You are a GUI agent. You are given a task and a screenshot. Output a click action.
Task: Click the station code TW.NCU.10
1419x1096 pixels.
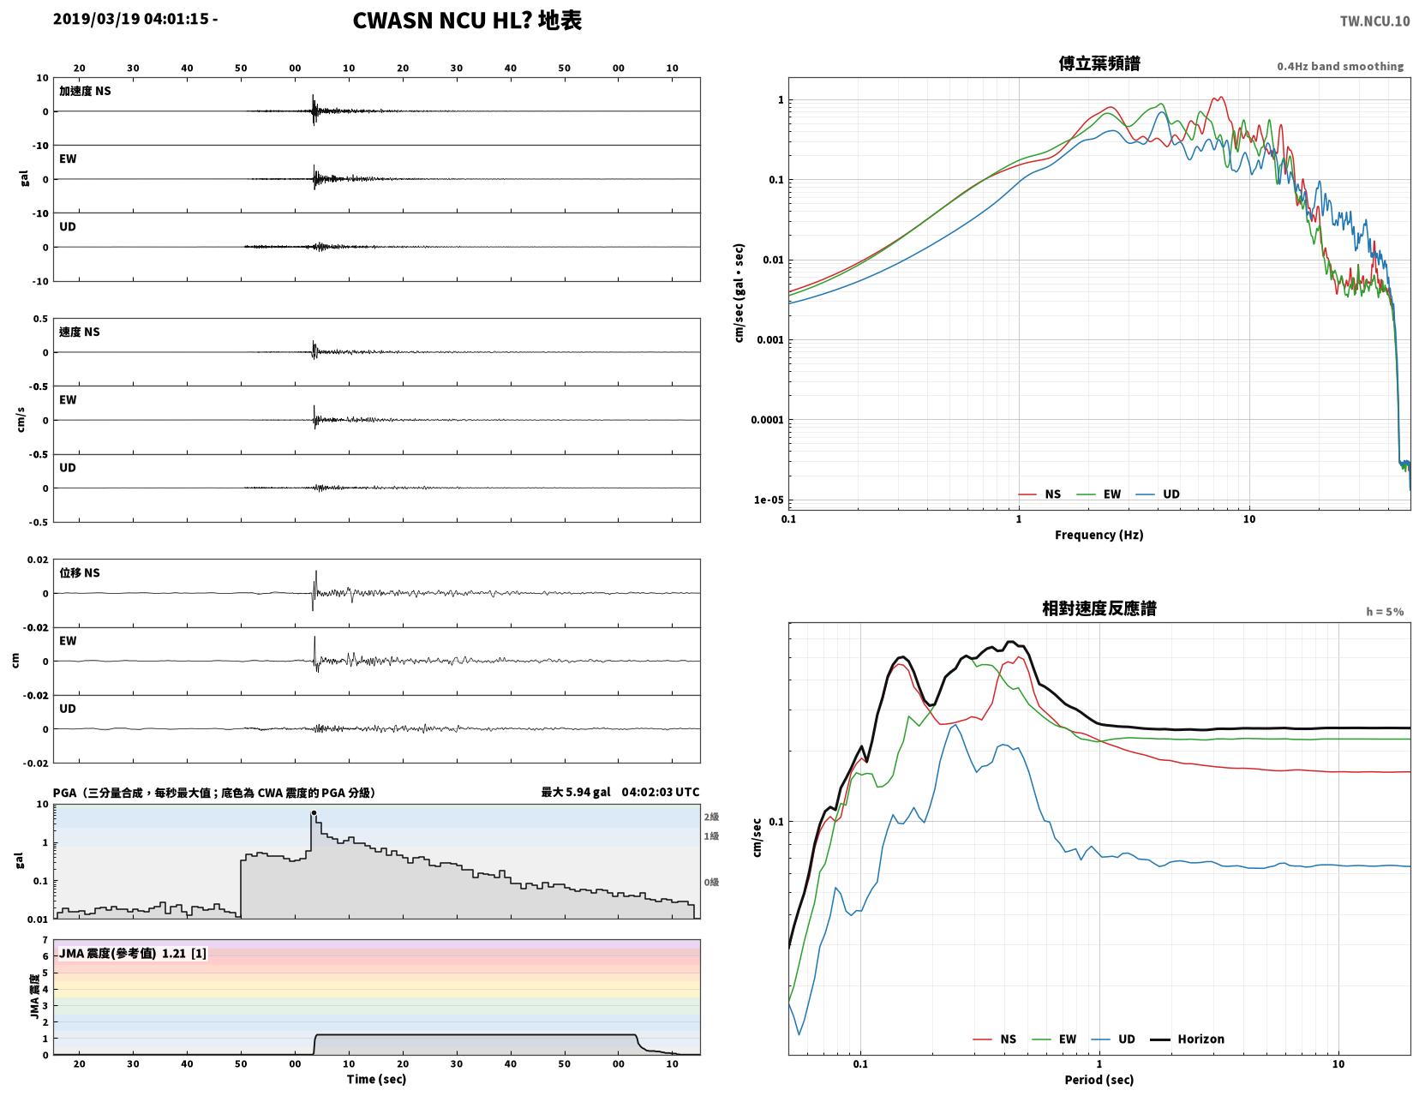pos(1374,21)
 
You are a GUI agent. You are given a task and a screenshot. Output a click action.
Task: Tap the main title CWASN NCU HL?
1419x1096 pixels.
pos(440,21)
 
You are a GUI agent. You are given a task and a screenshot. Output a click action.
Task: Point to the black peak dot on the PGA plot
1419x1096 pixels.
pos(314,812)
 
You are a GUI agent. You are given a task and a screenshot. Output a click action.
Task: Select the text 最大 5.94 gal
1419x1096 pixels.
pos(575,792)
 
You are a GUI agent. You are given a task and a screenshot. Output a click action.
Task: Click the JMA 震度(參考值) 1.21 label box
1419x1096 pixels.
pos(133,953)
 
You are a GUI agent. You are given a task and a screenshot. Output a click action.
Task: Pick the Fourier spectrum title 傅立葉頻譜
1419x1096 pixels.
pos(1099,63)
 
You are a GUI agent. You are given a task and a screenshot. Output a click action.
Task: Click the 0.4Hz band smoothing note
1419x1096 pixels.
pos(1339,66)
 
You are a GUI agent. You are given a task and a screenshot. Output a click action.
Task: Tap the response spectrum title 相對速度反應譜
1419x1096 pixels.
pos(1099,608)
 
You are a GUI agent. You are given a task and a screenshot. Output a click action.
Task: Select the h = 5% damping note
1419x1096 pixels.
pos(1385,612)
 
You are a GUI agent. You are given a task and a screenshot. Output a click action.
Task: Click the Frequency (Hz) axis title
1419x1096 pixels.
pos(1099,535)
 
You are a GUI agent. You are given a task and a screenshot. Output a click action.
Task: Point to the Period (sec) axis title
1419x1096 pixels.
pos(1099,1080)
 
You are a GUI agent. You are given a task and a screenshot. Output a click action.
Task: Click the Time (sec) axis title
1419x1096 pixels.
pos(376,1079)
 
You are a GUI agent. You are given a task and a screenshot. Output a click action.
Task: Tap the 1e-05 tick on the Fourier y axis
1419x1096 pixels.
pos(768,500)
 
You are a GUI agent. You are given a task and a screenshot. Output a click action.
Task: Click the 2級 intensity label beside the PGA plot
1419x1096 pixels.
pos(711,817)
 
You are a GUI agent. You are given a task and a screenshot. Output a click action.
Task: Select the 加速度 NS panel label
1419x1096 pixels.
pos(85,91)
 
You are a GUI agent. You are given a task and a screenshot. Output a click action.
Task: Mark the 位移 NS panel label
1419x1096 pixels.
pos(80,572)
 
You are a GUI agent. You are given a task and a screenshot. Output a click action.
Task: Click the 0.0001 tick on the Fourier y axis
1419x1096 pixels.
pos(767,420)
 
